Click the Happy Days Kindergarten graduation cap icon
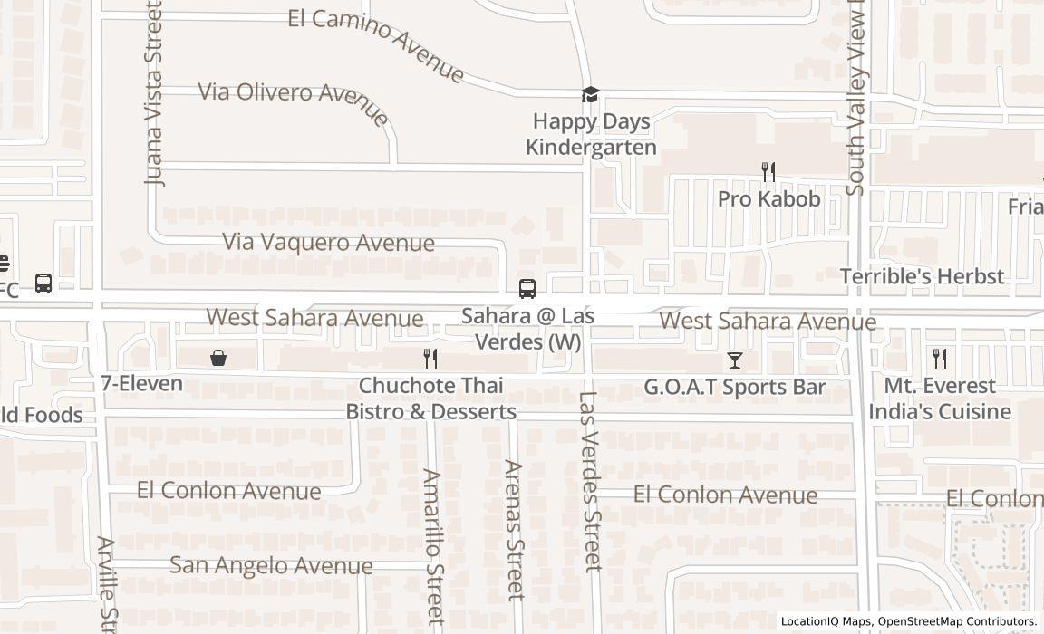pos(590,95)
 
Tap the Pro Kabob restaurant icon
pos(768,172)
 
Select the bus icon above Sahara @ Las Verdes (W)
pos(527,289)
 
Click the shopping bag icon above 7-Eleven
pos(217,358)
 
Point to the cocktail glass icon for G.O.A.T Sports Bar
pos(734,360)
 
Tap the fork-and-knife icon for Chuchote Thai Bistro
pos(430,359)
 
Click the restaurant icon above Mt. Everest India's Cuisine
pos(940,359)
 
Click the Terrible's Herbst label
pos(922,276)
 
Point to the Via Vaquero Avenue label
pos(329,243)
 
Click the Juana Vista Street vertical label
pos(155,93)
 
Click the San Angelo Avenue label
pos(271,565)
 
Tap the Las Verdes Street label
pos(591,481)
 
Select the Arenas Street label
pos(514,530)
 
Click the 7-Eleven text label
pos(141,383)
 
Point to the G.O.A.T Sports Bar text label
pos(734,388)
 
